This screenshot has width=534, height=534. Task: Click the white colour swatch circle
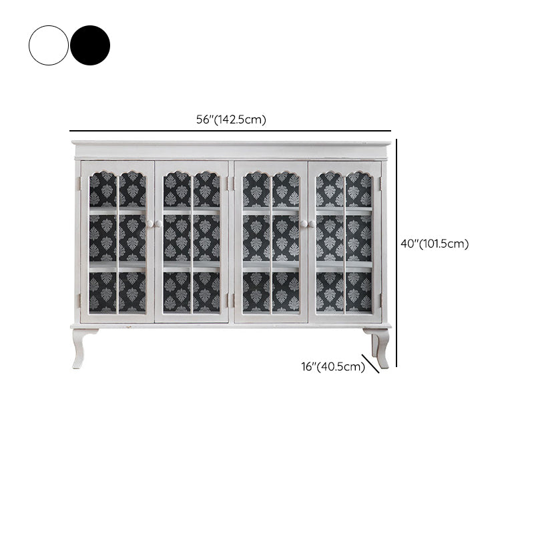coord(49,45)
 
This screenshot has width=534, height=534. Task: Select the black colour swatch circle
coord(90,45)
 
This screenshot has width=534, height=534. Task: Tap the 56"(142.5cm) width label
coord(231,119)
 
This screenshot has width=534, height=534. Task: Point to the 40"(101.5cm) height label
coord(435,244)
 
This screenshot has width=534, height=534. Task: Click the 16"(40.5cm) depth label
coord(333,366)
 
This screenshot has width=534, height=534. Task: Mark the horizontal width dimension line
coord(230,131)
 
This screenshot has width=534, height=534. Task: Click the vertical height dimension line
coord(396,253)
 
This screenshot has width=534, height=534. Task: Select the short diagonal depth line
coord(370,364)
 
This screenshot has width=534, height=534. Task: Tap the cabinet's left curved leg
coord(81,348)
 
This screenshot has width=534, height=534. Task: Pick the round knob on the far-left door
coord(150,224)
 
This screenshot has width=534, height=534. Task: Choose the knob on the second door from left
coord(159,224)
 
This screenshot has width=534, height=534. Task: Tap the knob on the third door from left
coord(304,224)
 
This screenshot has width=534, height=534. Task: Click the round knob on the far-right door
coord(312,224)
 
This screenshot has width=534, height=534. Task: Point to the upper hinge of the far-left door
coord(79,184)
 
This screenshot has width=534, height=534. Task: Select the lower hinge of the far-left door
coord(79,300)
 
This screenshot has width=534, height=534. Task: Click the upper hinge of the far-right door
coord(380,184)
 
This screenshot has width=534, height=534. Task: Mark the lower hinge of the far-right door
coord(380,300)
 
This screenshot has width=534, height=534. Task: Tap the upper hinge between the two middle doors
coord(231,184)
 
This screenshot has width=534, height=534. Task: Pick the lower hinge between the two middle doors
coord(231,300)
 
